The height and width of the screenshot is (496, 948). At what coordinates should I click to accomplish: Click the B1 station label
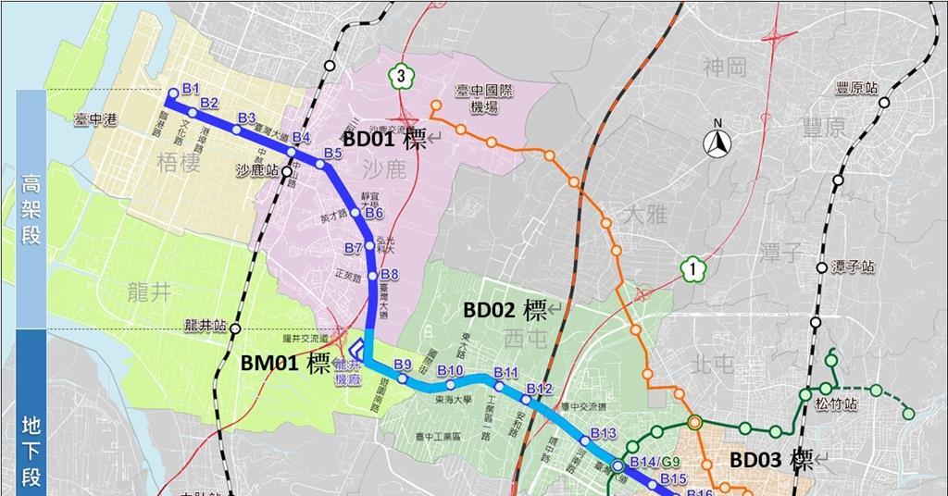[x=191, y=88]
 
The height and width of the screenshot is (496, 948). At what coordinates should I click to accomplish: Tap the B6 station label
[x=374, y=213]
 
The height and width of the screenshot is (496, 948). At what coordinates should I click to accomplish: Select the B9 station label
[x=402, y=364]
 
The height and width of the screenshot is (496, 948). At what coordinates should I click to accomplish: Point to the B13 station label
[x=603, y=433]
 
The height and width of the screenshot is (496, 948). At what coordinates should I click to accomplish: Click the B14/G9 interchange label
[x=655, y=462]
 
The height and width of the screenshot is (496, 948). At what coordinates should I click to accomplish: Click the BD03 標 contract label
[x=770, y=460]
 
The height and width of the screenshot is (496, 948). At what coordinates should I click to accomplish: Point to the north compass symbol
[x=715, y=141]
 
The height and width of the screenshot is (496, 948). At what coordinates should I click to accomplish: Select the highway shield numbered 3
[x=399, y=76]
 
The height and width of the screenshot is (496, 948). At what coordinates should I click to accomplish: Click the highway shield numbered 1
[x=691, y=269]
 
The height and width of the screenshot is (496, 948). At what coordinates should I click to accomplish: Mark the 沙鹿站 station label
[x=257, y=171]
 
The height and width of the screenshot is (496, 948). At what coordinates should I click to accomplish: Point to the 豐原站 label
[x=856, y=88]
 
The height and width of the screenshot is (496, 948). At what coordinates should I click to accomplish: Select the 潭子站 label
[x=854, y=267]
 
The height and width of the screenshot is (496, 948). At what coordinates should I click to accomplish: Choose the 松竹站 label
[x=837, y=404]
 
